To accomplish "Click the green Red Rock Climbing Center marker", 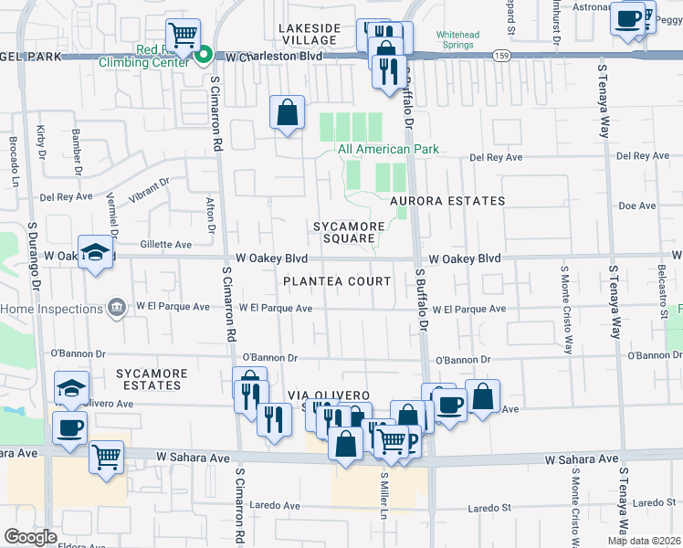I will click(204, 55).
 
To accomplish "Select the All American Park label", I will click(388, 149).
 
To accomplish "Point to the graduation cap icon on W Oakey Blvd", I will click(96, 253).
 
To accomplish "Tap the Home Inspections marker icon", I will click(117, 308).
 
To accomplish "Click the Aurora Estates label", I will click(447, 200).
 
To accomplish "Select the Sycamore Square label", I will click(345, 232).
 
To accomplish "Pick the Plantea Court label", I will click(337, 281).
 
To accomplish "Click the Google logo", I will click(30, 537).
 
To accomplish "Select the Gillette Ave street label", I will click(166, 244).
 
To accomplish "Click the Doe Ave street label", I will click(637, 206).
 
